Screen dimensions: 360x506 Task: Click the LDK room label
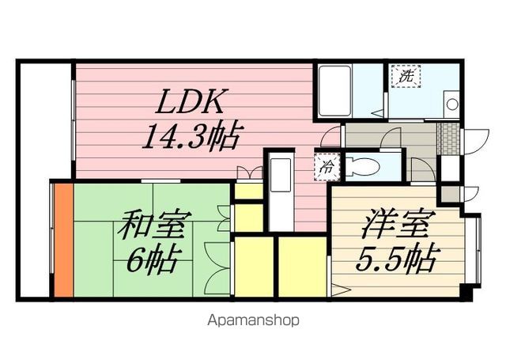click(x=193, y=102)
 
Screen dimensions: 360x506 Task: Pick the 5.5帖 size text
click(x=398, y=259)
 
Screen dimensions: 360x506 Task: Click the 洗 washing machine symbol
click(x=406, y=77)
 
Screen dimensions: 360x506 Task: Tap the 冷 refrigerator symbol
click(x=325, y=166)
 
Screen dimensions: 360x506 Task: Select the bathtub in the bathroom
click(x=335, y=91)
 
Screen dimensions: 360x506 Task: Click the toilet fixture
click(x=366, y=166)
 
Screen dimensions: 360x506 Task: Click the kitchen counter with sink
click(x=281, y=191)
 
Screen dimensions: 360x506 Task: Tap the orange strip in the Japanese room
click(x=63, y=238)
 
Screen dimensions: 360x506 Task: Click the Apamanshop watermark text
click(x=253, y=321)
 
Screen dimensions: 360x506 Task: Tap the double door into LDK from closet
click(x=250, y=172)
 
